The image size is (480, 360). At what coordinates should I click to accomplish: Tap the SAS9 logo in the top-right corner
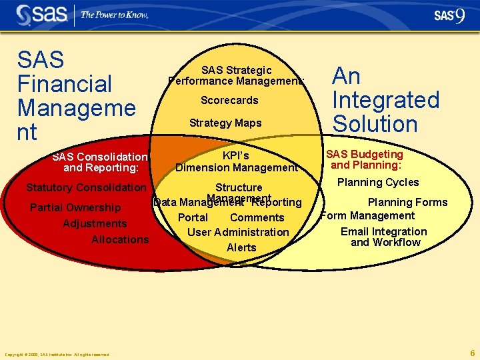(449, 15)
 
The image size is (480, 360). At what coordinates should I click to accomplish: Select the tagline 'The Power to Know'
(114, 15)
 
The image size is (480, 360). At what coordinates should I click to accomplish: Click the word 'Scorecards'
(229, 101)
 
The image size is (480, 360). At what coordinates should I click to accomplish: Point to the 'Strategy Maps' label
(225, 123)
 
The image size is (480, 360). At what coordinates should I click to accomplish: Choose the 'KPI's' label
(235, 156)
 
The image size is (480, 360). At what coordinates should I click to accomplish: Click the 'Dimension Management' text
(237, 168)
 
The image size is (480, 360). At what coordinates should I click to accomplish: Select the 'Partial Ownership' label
(75, 208)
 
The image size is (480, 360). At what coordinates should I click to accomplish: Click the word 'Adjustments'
(95, 224)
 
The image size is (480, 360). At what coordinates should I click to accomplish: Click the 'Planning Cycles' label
(378, 183)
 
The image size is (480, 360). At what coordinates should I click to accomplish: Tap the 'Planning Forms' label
(407, 203)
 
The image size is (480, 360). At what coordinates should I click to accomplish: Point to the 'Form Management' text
(368, 216)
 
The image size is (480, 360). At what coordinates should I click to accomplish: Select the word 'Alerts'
(241, 248)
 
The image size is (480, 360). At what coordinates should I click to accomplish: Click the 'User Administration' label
(238, 233)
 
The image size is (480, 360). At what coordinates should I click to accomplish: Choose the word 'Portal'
(193, 218)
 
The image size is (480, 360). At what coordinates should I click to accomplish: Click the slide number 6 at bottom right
(472, 353)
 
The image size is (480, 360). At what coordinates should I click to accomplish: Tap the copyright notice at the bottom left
(57, 355)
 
